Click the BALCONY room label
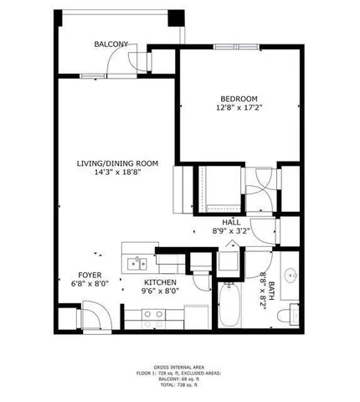[x=111, y=44]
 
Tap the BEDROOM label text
[x=239, y=96]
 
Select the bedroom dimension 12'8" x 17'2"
[x=239, y=107]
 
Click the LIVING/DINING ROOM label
[x=116, y=162]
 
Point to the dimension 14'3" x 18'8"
[x=116, y=172]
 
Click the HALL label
[x=231, y=222]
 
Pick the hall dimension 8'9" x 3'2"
[x=231, y=231]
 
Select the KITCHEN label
[x=160, y=282]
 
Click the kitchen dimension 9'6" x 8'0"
[x=160, y=291]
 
